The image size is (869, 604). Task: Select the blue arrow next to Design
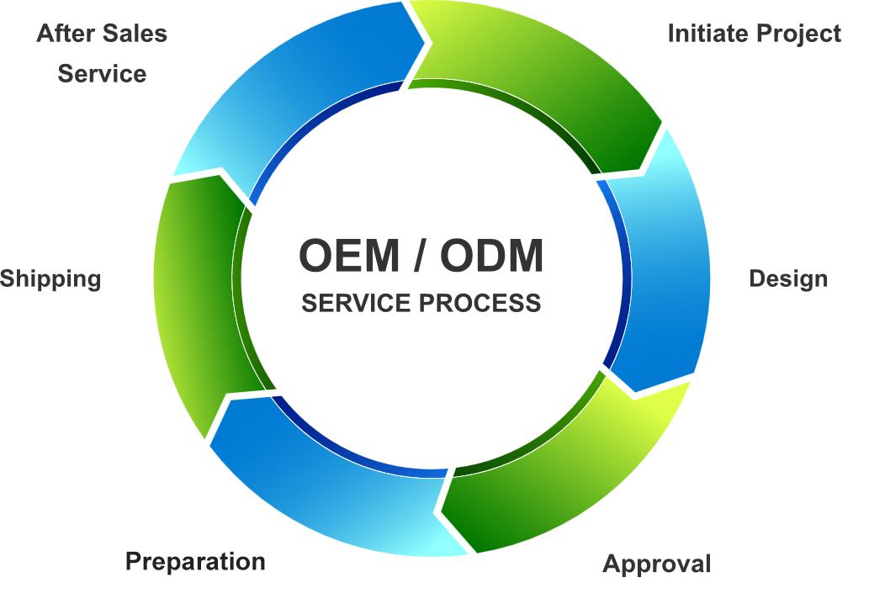point(665,269)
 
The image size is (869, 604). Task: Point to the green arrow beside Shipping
point(198,303)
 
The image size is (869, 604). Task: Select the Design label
point(788,278)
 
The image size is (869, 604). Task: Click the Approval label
point(657,563)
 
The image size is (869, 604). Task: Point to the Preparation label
point(195,561)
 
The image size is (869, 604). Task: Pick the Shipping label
point(50,279)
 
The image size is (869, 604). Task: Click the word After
point(65,34)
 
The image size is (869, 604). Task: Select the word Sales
point(135,34)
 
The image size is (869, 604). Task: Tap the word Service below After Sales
point(102,73)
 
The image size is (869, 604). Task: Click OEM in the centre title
point(348,256)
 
